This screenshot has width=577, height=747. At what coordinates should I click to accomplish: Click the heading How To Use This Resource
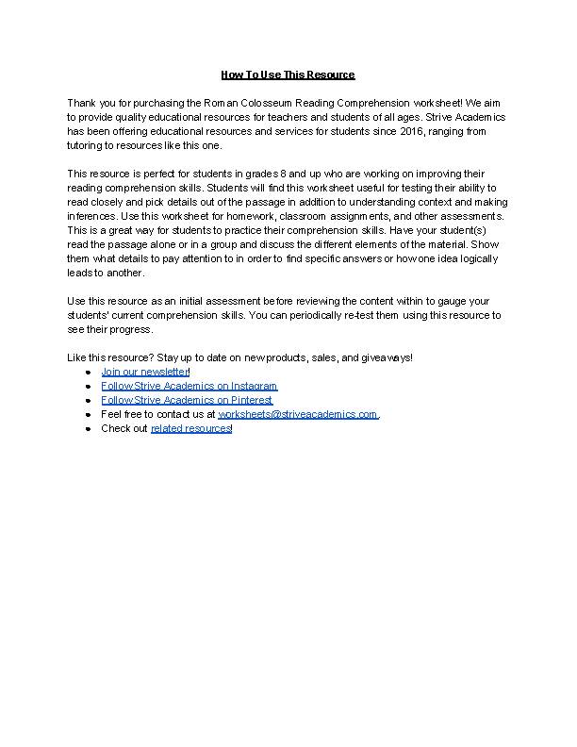point(288,74)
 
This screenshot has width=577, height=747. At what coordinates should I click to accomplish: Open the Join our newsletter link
point(145,372)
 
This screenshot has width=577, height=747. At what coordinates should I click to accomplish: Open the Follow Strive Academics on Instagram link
point(189,386)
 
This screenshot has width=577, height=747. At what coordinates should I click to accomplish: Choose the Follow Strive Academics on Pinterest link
point(187,400)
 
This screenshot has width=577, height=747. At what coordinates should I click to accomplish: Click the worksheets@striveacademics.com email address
point(298,414)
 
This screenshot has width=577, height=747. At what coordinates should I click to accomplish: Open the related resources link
point(191,428)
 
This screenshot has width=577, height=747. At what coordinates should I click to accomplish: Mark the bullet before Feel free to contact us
point(88,414)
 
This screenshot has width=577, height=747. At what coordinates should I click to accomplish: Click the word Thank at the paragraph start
point(82,102)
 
